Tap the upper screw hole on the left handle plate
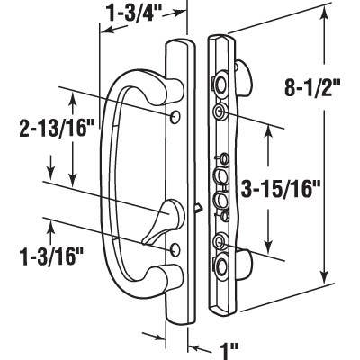coord(174,117)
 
